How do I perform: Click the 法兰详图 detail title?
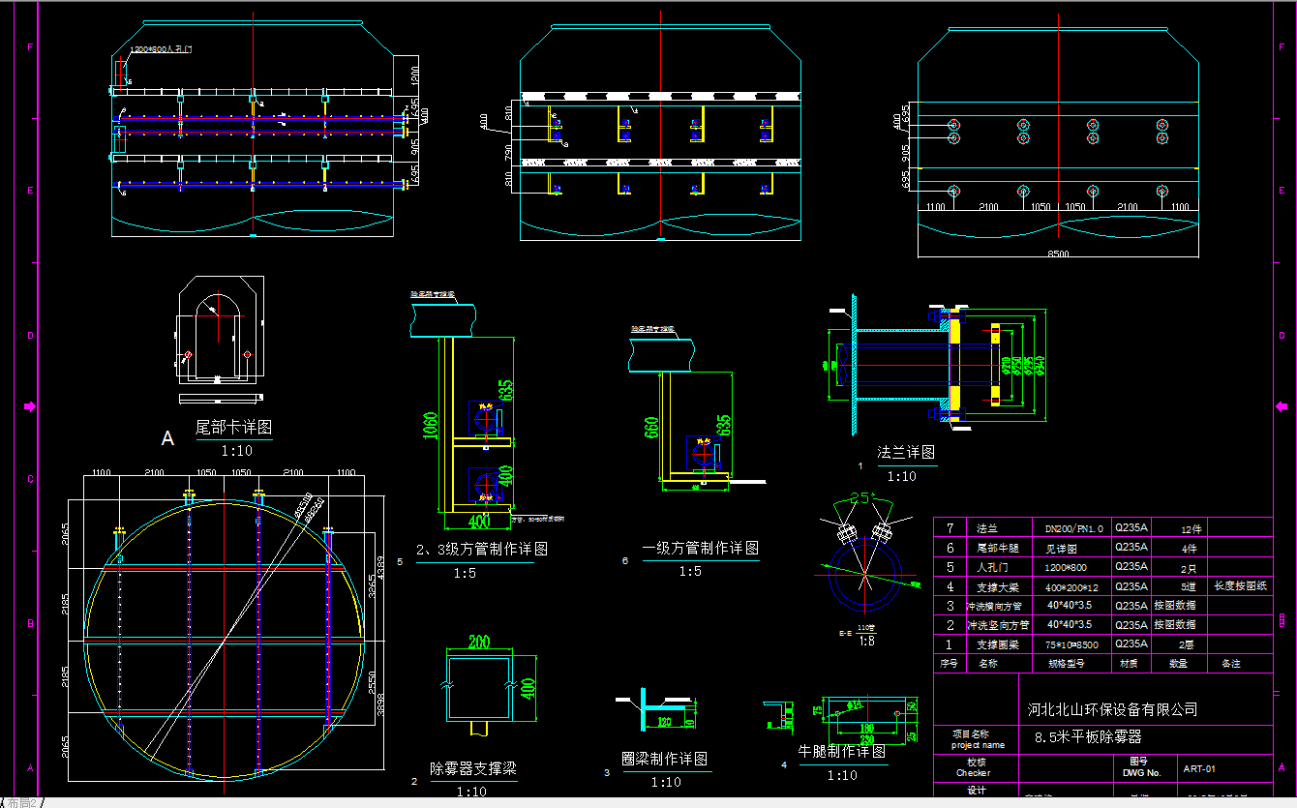[x=906, y=452]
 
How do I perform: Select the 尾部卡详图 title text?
[x=233, y=427]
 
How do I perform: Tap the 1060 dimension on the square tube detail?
[x=431, y=425]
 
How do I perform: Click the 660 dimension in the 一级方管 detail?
[x=650, y=427]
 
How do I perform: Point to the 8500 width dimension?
[x=1058, y=254]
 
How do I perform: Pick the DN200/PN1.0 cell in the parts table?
[x=1073, y=528]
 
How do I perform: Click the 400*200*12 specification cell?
[x=1073, y=586]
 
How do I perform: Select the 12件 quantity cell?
[x=1191, y=529]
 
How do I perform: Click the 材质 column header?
[x=1129, y=664]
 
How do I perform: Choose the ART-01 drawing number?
[x=1198, y=770]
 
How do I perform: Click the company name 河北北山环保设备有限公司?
[x=1112, y=709]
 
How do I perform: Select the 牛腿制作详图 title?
[x=841, y=751]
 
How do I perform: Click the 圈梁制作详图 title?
[x=664, y=759]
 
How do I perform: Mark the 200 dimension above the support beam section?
[x=478, y=642]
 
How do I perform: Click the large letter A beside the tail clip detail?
[x=167, y=439]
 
